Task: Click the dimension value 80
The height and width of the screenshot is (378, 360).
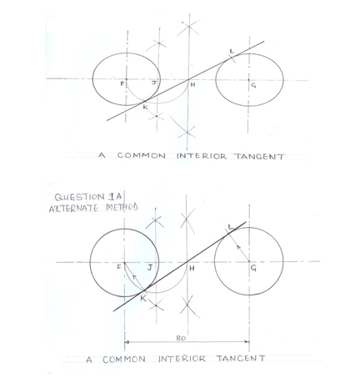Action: (x=181, y=338)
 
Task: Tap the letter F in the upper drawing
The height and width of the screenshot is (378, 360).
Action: (x=122, y=83)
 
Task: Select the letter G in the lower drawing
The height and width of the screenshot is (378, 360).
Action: (x=253, y=268)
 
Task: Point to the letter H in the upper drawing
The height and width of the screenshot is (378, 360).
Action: (x=192, y=84)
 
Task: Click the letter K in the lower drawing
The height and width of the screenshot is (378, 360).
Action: (x=142, y=299)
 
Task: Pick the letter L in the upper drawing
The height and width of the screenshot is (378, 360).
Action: (x=232, y=52)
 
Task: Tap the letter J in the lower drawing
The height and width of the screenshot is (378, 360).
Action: (x=149, y=268)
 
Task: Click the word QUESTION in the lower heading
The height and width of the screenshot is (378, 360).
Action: (x=79, y=197)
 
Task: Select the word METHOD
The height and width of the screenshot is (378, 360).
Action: (x=122, y=207)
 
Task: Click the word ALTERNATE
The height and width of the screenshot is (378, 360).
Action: (x=73, y=209)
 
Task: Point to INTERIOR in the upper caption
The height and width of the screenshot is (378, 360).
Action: (x=202, y=156)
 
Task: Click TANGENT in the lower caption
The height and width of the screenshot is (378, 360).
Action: (x=241, y=358)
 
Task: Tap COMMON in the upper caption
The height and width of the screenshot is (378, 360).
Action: (x=141, y=155)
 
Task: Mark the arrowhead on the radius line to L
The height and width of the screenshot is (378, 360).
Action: (x=237, y=246)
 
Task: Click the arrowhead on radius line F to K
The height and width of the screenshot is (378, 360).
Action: (x=135, y=277)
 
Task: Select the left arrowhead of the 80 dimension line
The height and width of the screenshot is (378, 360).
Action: (x=127, y=342)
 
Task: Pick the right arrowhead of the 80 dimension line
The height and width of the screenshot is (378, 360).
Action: (x=247, y=342)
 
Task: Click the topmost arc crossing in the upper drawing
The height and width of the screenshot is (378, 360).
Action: (x=189, y=27)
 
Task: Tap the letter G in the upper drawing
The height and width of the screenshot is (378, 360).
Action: (x=253, y=86)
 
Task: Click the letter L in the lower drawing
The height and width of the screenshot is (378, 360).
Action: (x=230, y=227)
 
